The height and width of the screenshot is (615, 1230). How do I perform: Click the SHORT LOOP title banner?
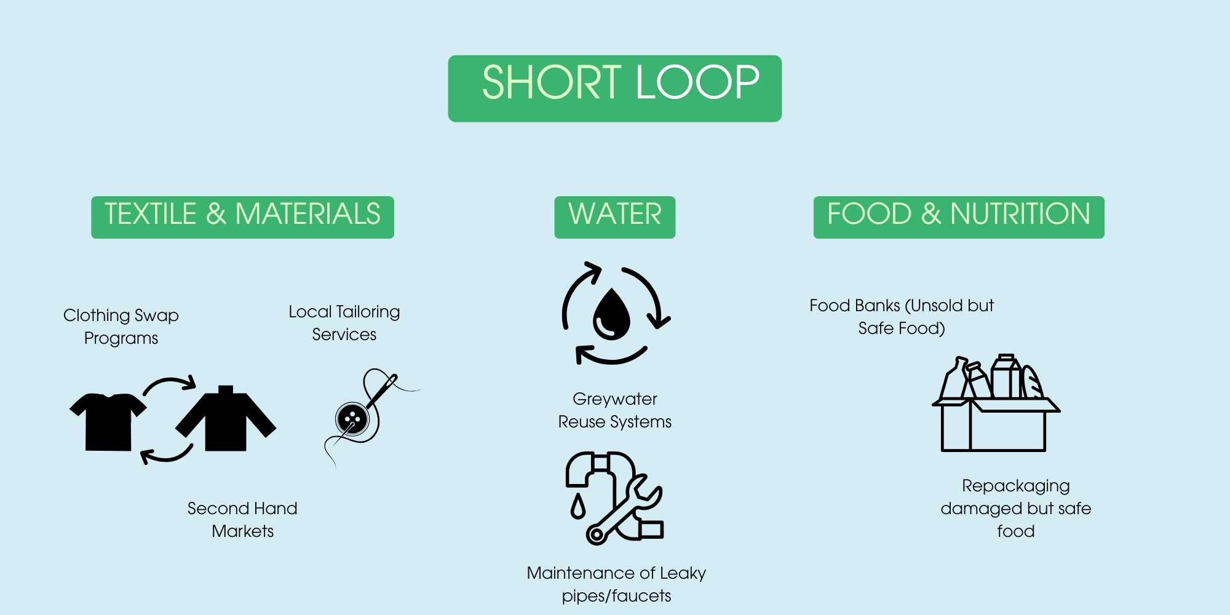point(615,88)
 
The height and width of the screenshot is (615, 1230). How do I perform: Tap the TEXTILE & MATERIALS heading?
point(242,216)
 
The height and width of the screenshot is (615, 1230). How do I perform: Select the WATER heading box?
point(614,216)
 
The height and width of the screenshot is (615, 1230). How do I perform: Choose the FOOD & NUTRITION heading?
point(958,216)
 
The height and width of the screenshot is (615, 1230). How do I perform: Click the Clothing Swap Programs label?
point(121,327)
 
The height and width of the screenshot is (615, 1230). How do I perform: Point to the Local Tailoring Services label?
point(344,323)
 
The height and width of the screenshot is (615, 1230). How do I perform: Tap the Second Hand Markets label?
point(242,520)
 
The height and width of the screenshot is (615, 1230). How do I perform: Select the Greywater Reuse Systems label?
point(614,410)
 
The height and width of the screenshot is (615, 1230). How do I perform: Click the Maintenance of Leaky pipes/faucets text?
point(616,584)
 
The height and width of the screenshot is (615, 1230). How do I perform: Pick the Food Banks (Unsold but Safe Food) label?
point(902,317)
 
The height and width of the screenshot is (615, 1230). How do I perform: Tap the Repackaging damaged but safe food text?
point(1015,508)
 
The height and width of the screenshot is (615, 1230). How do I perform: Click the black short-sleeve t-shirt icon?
point(108,421)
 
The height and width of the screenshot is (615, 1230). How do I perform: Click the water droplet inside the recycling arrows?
point(611,314)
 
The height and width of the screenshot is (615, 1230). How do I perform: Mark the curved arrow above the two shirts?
point(170,385)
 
